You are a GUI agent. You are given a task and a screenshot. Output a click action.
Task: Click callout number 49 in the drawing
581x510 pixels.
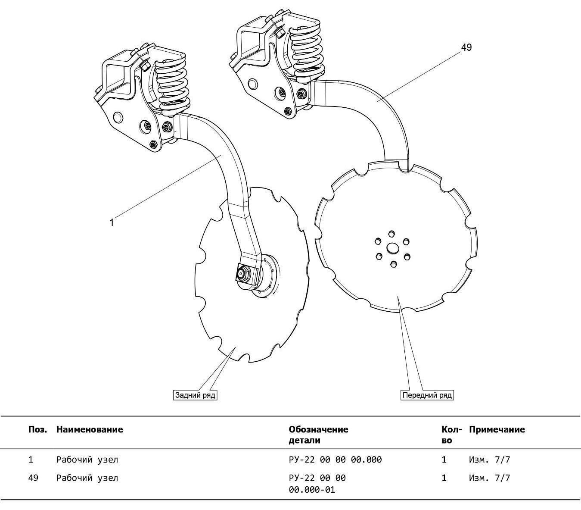click(x=466, y=47)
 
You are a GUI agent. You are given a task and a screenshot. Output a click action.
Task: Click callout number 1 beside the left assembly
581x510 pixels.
click(x=112, y=222)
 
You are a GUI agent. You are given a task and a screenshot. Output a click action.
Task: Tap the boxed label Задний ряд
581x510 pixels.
click(x=195, y=395)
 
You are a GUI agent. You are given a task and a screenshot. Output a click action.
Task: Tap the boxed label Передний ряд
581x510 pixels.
click(x=427, y=395)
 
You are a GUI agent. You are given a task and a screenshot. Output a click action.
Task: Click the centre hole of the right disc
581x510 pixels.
click(x=392, y=248)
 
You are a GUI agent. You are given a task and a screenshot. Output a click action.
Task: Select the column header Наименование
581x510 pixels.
click(x=90, y=429)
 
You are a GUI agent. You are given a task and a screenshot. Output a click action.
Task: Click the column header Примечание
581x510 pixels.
click(x=497, y=429)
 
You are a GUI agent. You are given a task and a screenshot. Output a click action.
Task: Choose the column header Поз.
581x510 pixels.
click(x=37, y=429)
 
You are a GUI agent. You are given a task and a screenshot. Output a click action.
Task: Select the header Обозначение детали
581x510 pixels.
click(x=318, y=435)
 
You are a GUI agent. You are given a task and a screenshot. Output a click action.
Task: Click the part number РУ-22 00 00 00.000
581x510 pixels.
click(x=335, y=460)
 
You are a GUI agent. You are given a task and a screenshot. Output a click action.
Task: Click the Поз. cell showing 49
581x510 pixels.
click(x=33, y=478)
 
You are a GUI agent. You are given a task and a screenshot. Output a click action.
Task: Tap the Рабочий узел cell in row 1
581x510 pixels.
click(x=87, y=460)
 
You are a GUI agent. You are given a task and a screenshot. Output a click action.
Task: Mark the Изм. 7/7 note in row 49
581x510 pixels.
click(x=489, y=478)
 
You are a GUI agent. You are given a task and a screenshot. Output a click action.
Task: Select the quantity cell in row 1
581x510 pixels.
click(x=444, y=460)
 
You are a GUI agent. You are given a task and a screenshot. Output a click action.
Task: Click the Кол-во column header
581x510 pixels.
click(x=451, y=435)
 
